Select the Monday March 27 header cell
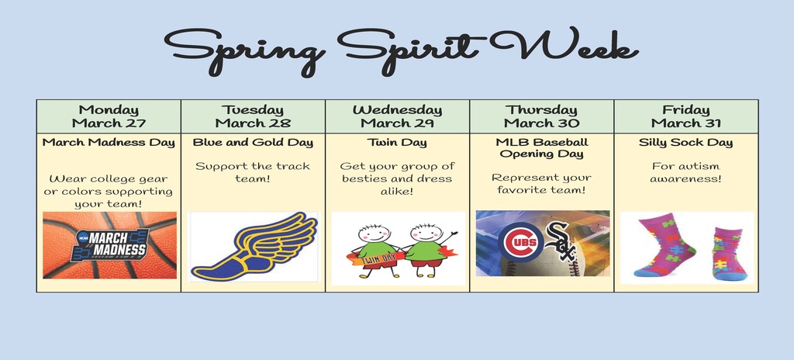[x=109, y=116]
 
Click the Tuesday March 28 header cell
[x=254, y=116]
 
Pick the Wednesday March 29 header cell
[x=398, y=116]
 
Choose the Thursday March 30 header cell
[x=542, y=116]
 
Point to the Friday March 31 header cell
[x=686, y=116]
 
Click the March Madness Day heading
[x=109, y=143]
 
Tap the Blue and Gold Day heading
[x=254, y=143]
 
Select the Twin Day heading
[x=398, y=143]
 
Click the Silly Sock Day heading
[x=685, y=143]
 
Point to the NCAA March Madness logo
[x=110, y=245]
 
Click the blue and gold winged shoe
[x=254, y=247]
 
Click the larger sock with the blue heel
[x=665, y=244]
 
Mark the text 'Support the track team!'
[x=253, y=172]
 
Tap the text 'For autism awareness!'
[x=685, y=172]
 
